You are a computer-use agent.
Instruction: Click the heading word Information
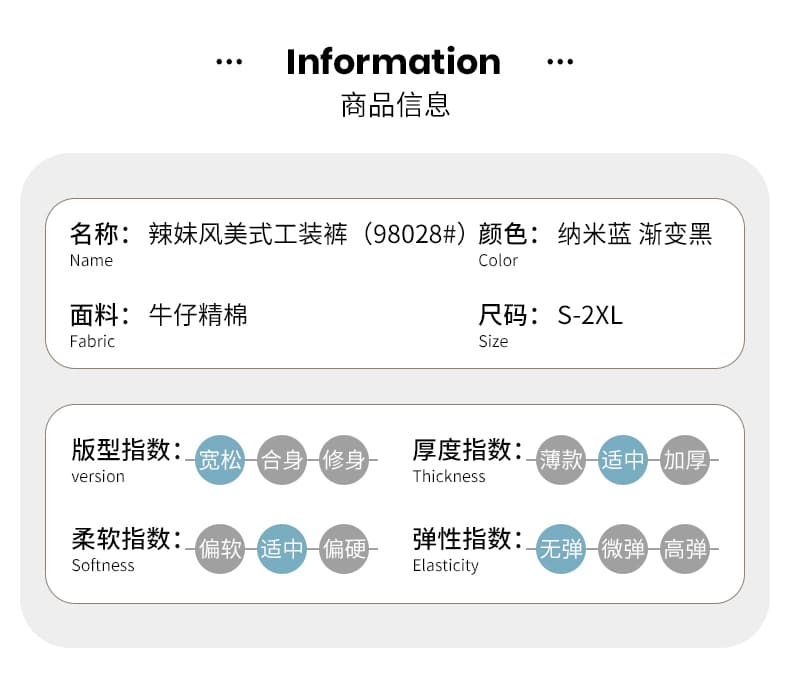point(393,61)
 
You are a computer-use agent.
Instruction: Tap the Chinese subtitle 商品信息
point(395,105)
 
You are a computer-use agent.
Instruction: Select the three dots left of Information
point(229,62)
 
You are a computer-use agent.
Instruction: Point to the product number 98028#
point(415,234)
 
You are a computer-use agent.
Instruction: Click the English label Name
point(91,260)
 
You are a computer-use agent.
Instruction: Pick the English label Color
point(498,260)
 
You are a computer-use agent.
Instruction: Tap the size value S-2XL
point(590,315)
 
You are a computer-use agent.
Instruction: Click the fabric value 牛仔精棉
point(198,315)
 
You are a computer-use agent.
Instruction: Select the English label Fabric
point(92,341)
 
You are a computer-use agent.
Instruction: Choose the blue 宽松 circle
point(220,460)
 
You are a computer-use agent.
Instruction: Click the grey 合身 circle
point(282,460)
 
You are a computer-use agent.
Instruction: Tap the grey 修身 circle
point(344,460)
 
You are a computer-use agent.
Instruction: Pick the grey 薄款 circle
point(561,460)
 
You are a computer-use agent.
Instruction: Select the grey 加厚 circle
point(685,460)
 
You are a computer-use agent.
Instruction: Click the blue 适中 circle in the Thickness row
point(623,460)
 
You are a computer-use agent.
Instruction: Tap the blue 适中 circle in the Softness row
point(282,549)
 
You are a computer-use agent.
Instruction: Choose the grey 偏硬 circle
point(344,549)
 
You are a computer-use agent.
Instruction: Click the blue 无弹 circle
point(561,549)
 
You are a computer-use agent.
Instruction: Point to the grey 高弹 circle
point(685,549)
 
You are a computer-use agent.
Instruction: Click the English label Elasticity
point(445,566)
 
